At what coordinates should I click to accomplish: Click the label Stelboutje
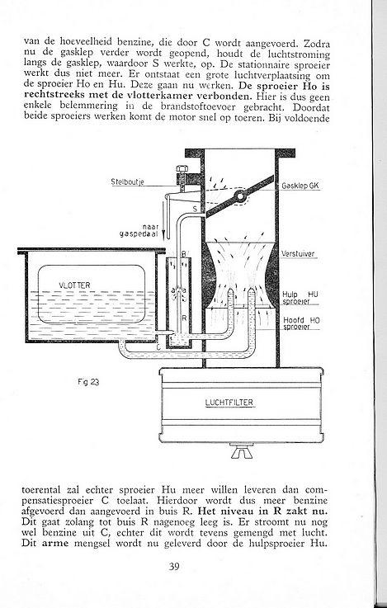(x=127, y=181)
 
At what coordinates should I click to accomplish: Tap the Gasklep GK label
(x=300, y=186)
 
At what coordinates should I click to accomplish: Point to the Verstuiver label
(x=297, y=254)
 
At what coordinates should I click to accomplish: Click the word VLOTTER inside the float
(x=74, y=285)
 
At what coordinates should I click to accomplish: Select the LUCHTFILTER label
(x=229, y=403)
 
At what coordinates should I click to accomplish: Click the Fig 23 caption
(x=88, y=382)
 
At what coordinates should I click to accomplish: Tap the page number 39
(x=174, y=567)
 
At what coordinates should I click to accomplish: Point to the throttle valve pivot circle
(x=240, y=196)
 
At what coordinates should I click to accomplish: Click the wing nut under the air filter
(x=241, y=452)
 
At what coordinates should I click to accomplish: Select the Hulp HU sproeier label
(x=301, y=298)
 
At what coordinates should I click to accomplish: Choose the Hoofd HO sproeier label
(x=302, y=323)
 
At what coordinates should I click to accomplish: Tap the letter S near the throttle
(x=195, y=210)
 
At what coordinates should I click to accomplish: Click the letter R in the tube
(x=185, y=318)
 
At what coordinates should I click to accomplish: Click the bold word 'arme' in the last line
(x=55, y=543)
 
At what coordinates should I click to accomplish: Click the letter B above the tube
(x=184, y=254)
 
